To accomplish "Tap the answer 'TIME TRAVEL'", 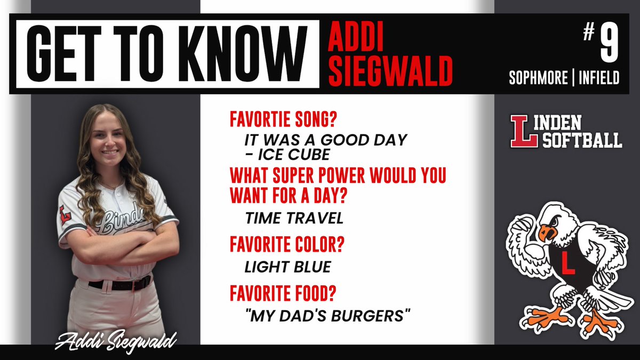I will tap(294, 218).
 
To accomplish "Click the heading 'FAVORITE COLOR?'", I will tap(286, 245).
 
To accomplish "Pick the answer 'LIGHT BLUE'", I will tap(288, 267).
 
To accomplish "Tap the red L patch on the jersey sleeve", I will tap(65, 214).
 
